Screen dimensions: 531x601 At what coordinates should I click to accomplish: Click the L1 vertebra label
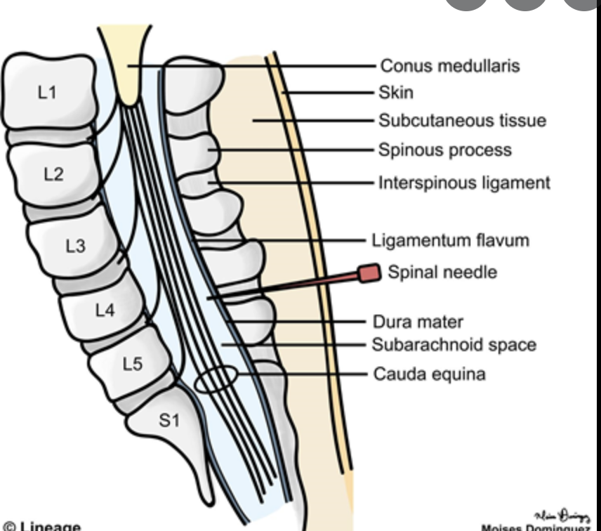pos(47,92)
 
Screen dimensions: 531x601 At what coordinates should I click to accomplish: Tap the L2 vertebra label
pos(53,173)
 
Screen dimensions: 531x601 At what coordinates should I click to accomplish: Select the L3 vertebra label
pos(76,246)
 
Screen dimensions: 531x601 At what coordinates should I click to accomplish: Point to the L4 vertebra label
pos(105,309)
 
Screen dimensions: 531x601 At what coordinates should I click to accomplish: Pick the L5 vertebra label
pos(132,364)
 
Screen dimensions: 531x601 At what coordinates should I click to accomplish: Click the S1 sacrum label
pos(169,421)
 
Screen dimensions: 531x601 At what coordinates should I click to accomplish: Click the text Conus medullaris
pos(449,65)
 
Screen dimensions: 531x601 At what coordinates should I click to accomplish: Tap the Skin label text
pos(396,92)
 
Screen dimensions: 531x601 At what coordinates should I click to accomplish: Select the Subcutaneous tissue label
pos(462,120)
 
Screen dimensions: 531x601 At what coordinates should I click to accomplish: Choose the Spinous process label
pos(445,150)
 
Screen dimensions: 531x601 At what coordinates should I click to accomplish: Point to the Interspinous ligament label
pos(464,183)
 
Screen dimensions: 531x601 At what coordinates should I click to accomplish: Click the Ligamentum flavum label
pos(450,240)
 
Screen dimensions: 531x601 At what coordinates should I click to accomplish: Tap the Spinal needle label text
pos(442,271)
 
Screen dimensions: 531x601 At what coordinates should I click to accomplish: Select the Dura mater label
pos(418,322)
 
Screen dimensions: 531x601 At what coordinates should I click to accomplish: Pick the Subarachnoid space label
pos(454,345)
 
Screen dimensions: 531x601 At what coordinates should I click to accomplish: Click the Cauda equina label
pos(428,374)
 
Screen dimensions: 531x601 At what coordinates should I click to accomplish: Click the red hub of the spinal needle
pos(369,273)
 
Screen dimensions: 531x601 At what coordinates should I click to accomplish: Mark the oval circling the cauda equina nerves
pos(215,380)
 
